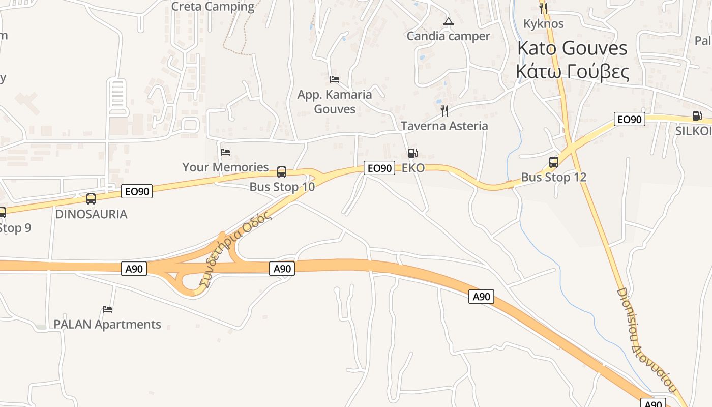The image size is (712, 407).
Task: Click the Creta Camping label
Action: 213,7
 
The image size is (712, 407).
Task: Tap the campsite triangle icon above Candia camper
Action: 448,21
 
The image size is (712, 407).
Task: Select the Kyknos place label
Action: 543,23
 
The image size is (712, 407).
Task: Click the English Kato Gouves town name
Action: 572,48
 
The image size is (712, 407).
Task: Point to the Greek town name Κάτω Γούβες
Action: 572,72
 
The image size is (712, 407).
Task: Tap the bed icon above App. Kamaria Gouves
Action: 335,79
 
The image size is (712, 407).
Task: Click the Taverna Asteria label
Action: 444,126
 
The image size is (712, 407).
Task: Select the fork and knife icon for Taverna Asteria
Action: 444,110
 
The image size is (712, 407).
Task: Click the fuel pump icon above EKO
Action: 412,153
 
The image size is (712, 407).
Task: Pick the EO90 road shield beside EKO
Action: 379,168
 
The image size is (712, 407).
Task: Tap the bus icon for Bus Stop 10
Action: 282,172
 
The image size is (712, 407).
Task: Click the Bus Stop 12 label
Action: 554,177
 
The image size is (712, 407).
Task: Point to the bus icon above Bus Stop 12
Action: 554,162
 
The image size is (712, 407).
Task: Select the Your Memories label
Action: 225,167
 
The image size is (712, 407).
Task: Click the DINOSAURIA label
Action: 91,214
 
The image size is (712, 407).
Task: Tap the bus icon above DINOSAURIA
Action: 91,198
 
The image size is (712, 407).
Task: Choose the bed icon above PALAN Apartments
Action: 107,309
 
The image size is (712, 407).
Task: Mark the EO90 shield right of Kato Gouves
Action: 629,120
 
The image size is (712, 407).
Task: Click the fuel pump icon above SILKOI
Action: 697,116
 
